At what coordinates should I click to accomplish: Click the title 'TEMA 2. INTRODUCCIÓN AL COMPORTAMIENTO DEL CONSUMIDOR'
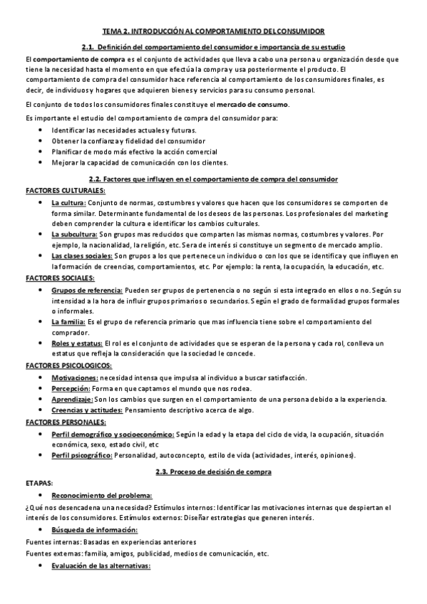coord(213,31)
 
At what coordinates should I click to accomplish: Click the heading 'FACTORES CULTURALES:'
coord(65,191)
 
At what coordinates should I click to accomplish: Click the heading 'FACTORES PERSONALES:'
coord(64,422)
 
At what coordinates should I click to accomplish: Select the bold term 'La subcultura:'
coord(74,234)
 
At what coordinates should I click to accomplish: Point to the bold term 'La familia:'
coord(68,322)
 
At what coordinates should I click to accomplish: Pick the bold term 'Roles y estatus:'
coord(77,343)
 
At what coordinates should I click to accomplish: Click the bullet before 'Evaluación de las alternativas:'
coord(38,566)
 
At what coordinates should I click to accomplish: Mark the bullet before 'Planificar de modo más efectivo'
coord(38,152)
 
